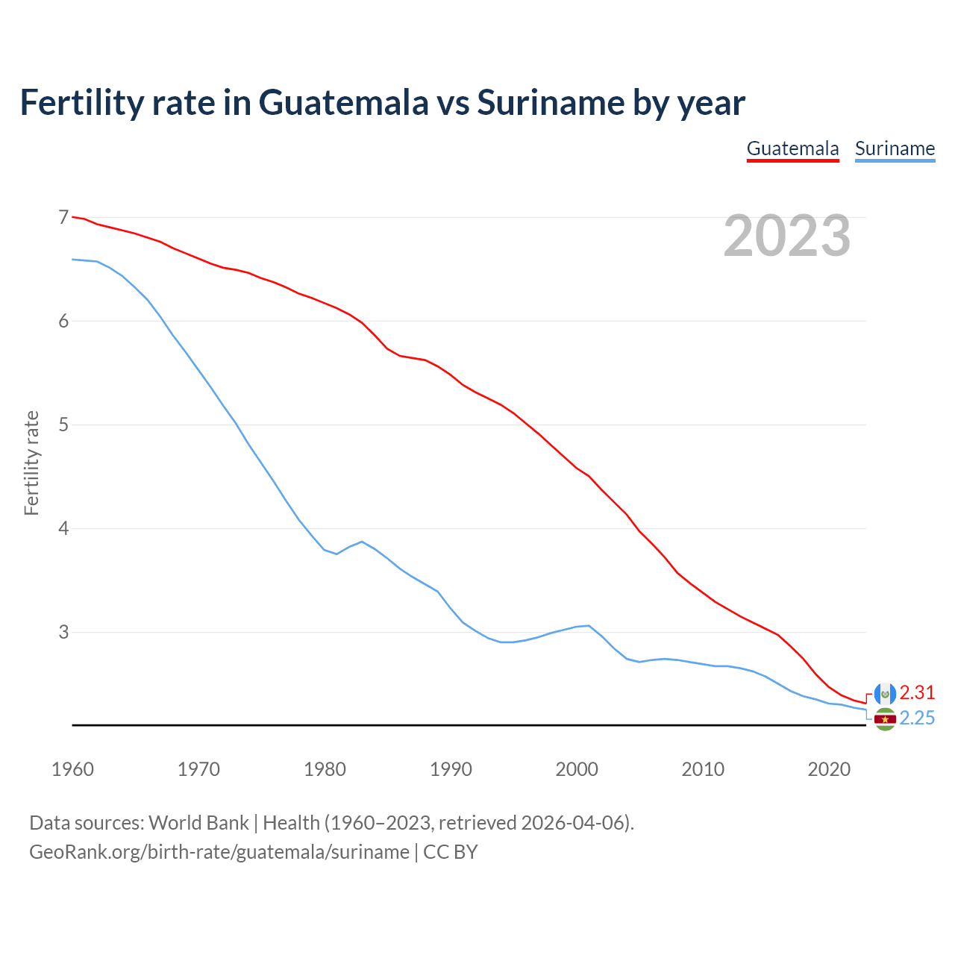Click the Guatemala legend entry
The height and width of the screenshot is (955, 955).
tap(792, 148)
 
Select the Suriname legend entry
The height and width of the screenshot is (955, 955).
tap(895, 148)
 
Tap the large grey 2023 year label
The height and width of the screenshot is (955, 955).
tap(786, 236)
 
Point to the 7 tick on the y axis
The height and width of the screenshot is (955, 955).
tap(63, 217)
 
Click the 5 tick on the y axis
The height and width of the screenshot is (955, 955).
tap(63, 425)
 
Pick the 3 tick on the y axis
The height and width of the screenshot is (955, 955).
tap(63, 632)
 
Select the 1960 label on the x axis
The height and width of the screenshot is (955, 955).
tap(72, 769)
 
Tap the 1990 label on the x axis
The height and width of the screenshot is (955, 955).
tap(451, 769)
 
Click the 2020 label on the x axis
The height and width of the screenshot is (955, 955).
tap(829, 769)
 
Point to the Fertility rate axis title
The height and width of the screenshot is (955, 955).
tap(31, 463)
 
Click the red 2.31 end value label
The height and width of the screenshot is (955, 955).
tap(917, 692)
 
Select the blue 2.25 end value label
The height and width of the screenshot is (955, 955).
tap(917, 718)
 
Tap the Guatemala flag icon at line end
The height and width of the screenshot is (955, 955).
tap(885, 694)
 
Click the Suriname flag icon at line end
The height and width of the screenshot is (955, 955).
tap(885, 719)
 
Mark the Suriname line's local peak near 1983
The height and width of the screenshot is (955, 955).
tap(362, 542)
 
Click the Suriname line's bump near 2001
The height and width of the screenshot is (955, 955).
tap(589, 625)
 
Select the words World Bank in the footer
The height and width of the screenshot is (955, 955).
tap(198, 823)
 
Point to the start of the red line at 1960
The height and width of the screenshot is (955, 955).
tap(73, 217)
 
